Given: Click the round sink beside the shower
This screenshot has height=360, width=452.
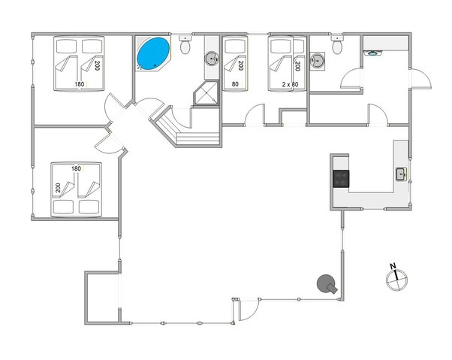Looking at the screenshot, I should click(212, 56).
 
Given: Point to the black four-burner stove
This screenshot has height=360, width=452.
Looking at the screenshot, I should click(341, 178).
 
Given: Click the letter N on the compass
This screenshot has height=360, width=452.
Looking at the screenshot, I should click(393, 265).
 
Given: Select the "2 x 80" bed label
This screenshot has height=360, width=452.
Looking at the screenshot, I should click(289, 85).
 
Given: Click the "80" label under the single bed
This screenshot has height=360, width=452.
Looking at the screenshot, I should click(235, 85).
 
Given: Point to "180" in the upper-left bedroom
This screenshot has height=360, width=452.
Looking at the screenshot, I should click(80, 84).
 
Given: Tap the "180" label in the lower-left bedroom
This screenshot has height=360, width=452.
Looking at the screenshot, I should click(75, 168).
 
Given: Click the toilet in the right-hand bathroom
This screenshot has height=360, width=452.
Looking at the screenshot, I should click(337, 47).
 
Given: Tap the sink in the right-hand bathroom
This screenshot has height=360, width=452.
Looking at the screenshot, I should click(320, 59).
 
